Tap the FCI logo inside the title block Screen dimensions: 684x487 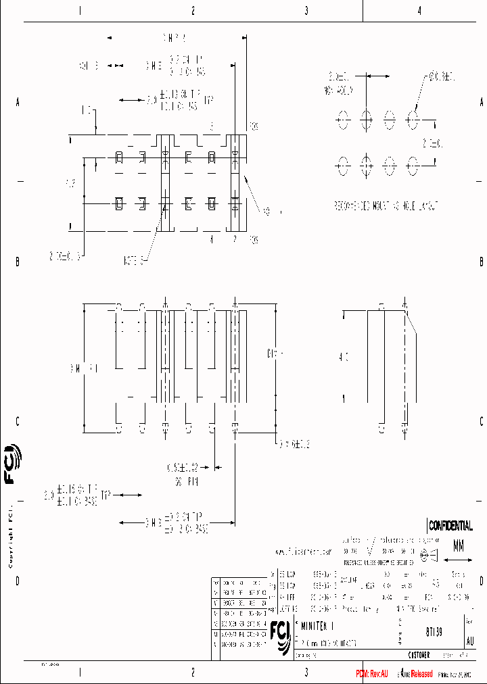(x=280, y=633)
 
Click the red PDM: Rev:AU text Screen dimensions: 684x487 (x=372, y=674)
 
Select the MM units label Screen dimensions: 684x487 (x=459, y=544)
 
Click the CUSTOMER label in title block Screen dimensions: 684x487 (x=418, y=655)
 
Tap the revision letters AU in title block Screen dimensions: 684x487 (x=470, y=641)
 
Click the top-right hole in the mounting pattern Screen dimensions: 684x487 (x=412, y=120)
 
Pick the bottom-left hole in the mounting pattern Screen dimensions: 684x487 (x=343, y=164)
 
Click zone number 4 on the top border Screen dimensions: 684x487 (x=419, y=10)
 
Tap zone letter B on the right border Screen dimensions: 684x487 (x=481, y=262)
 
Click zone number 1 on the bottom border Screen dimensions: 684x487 (x=80, y=673)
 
